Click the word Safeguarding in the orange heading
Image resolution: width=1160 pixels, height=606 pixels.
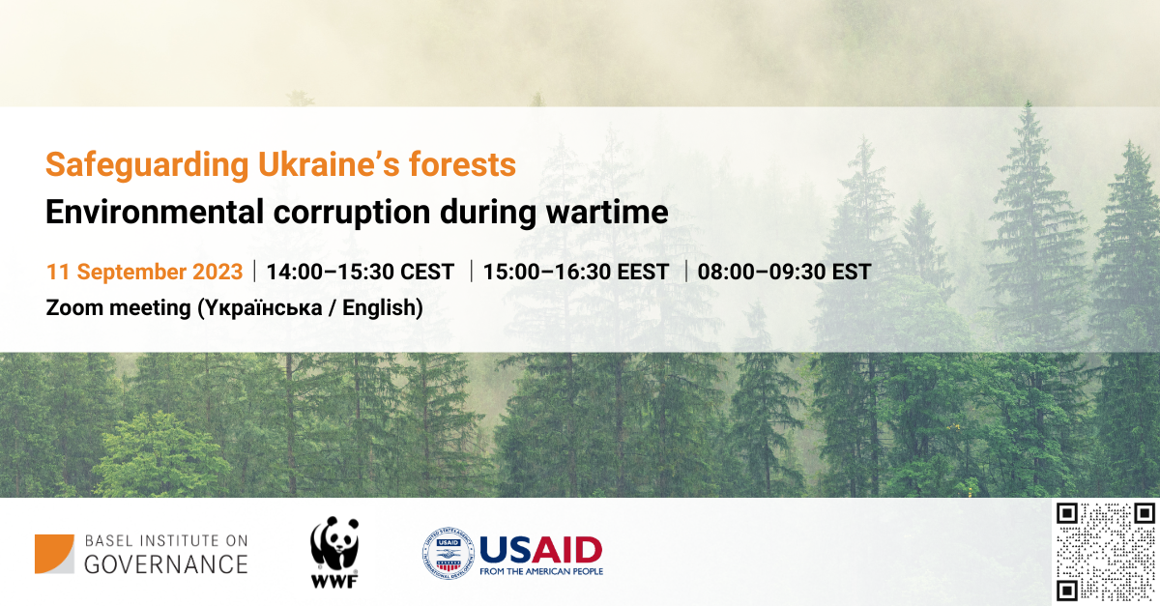click(x=147, y=165)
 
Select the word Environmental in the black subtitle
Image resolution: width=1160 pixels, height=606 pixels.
click(x=155, y=212)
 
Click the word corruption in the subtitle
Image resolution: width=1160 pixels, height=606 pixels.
click(x=352, y=214)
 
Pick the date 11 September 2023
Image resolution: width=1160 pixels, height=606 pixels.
click(x=144, y=272)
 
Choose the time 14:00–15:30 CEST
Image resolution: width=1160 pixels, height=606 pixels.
click(x=360, y=272)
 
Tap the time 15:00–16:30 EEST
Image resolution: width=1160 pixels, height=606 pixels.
click(x=576, y=272)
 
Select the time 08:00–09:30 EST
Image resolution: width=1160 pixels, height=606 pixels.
click(x=785, y=272)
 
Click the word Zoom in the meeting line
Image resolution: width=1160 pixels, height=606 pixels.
click(x=74, y=307)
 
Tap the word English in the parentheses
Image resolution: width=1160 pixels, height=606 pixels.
click(x=379, y=308)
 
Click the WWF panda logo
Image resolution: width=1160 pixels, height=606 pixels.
click(x=334, y=552)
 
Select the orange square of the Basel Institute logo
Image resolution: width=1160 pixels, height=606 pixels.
click(x=54, y=554)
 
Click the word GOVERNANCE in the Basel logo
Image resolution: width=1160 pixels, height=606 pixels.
click(x=165, y=564)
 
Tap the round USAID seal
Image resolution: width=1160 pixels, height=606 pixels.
click(x=449, y=553)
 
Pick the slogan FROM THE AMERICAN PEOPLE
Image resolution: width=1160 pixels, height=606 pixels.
click(x=541, y=571)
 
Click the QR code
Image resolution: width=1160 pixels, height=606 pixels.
click(x=1106, y=552)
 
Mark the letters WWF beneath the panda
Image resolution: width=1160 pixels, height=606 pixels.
click(x=334, y=581)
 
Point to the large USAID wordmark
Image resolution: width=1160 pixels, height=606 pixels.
click(x=540, y=550)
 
